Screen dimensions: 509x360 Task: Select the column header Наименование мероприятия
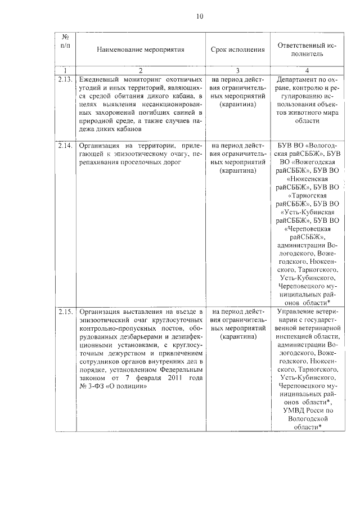(141, 49)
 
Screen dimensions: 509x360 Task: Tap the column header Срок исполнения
(237, 49)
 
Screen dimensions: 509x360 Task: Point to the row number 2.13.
(66, 79)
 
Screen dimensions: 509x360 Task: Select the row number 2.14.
(66, 145)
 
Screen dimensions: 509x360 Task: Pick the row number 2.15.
(66, 311)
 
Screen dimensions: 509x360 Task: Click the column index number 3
(237, 70)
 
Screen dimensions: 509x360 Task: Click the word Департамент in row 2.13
(299, 79)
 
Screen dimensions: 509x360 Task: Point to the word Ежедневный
(98, 79)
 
